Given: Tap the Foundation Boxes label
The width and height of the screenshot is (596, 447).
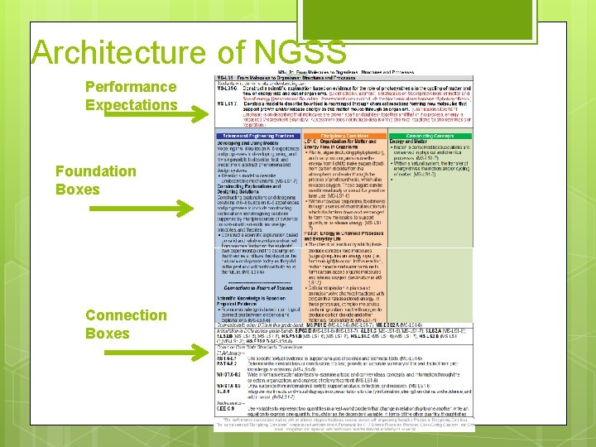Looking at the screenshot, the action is tap(95, 180).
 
